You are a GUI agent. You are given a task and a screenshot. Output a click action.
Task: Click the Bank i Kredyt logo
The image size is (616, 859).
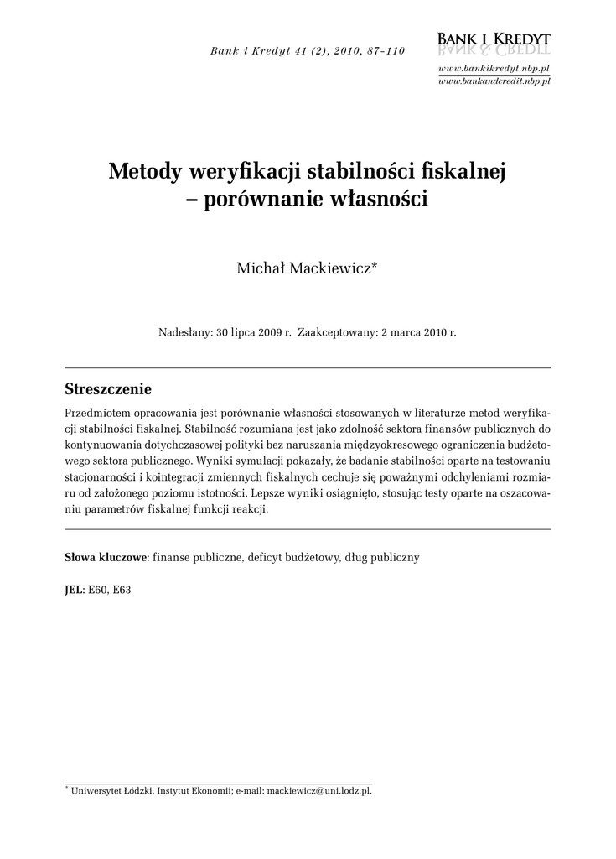coord(494,43)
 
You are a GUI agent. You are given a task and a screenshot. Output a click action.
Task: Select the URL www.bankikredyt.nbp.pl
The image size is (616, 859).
coord(494,67)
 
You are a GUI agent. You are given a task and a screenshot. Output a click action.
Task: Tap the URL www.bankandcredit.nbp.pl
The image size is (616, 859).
coord(494,81)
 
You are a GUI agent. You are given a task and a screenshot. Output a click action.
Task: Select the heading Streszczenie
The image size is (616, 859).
coord(108,389)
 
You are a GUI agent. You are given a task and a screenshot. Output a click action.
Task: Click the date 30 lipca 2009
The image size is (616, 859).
coord(249,332)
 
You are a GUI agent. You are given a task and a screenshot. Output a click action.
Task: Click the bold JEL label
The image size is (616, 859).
coord(74,590)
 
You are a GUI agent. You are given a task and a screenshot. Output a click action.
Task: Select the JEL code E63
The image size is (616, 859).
coord(122,590)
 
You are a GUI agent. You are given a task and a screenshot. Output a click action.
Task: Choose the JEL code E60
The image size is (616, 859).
coord(97,590)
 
